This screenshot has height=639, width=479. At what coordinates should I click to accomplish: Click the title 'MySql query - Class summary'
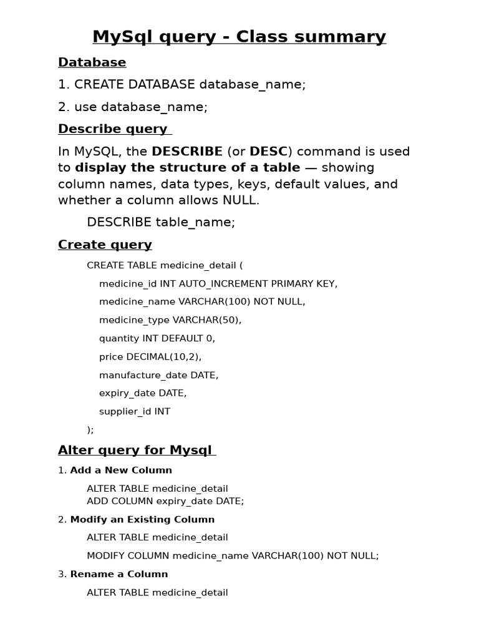click(239, 37)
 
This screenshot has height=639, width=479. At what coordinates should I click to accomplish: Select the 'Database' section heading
click(92, 62)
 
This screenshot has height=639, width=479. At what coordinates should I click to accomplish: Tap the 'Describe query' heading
click(113, 129)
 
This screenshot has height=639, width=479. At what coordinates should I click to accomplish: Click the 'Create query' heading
click(105, 245)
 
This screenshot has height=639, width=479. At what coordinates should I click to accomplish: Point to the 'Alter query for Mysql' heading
click(135, 450)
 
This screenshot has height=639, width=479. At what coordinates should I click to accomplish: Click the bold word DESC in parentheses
click(268, 152)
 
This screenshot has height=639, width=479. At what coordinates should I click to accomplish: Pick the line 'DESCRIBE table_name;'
click(161, 222)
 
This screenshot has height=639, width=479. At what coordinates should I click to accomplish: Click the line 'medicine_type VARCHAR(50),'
click(170, 319)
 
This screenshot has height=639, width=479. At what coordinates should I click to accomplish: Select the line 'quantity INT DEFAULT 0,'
click(157, 338)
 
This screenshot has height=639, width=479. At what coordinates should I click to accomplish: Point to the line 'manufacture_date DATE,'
click(158, 375)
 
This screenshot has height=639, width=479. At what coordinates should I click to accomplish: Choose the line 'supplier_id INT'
click(134, 411)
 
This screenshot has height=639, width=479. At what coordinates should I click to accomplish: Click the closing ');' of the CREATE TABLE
click(90, 429)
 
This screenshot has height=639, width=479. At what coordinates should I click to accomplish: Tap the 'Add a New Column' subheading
click(121, 470)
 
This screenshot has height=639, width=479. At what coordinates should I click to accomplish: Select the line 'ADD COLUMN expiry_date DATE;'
click(165, 500)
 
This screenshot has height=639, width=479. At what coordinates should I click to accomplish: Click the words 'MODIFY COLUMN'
click(128, 555)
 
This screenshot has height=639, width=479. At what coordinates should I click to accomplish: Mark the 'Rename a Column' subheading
click(119, 574)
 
